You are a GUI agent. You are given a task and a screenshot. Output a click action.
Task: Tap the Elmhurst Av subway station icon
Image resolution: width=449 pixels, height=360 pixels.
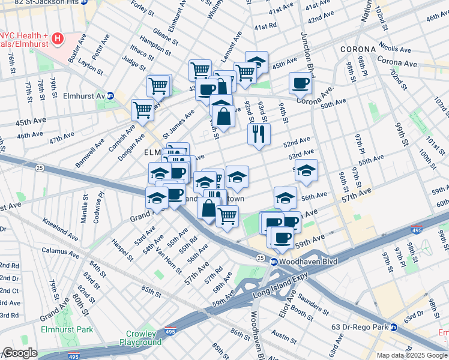pyautogui.click(x=110, y=96)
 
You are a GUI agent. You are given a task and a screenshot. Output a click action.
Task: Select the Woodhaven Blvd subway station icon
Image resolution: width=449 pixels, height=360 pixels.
pyautogui.click(x=273, y=262)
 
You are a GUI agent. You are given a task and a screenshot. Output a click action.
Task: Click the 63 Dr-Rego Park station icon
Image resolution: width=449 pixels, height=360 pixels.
pyautogui.click(x=394, y=327)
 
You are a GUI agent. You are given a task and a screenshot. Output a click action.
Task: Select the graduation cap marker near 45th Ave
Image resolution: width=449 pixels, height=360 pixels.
pyautogui.click(x=256, y=62)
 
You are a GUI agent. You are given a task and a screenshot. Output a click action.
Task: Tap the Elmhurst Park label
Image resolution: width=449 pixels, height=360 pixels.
pyautogui.click(x=67, y=329)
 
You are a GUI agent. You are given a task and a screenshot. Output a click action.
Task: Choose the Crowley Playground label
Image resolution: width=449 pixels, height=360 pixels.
pyautogui.click(x=143, y=338)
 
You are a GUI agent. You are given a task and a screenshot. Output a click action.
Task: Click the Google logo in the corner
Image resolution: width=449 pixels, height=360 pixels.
pyautogui.click(x=19, y=353)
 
